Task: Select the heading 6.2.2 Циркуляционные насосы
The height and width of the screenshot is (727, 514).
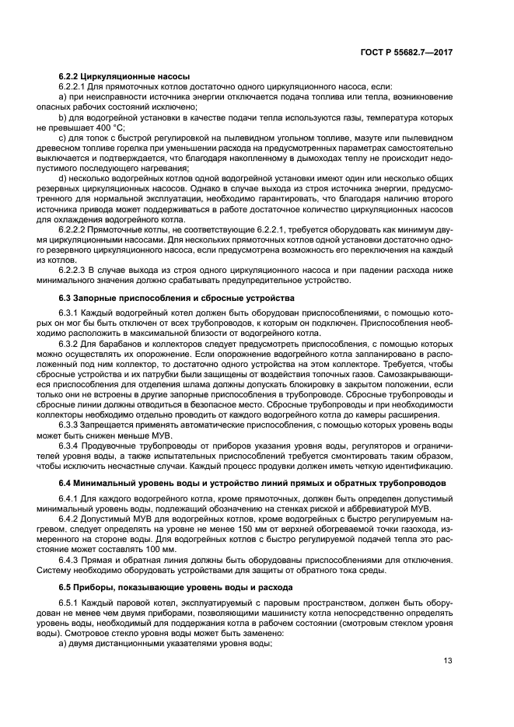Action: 107,77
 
